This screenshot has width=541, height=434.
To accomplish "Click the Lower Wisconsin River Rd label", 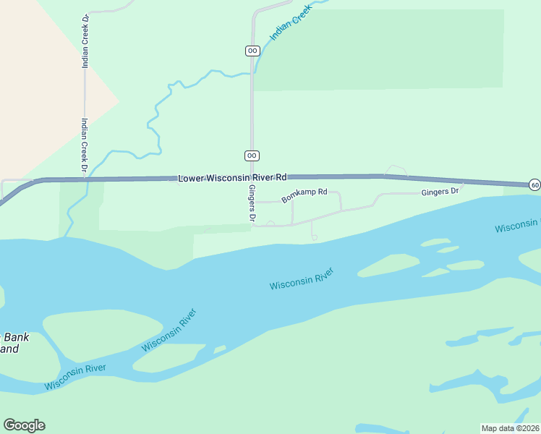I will [233, 177].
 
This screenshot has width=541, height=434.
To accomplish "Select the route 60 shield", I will [534, 185].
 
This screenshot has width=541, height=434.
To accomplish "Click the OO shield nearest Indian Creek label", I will [252, 51].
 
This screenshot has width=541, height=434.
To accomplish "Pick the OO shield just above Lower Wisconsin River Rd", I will [252, 156].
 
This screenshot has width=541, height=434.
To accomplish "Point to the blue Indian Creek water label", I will [289, 25].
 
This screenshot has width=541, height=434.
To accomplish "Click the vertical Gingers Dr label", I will [252, 203].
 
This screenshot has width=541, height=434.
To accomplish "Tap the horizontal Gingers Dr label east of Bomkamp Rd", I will [440, 192].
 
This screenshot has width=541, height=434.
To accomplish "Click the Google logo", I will [24, 425].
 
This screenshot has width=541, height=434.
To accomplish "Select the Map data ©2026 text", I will [510, 428].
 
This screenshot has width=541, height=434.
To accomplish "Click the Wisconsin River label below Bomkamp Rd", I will [302, 279].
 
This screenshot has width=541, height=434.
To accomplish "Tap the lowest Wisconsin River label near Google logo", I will [75, 377].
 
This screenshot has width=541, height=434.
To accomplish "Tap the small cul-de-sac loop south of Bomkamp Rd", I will [315, 237].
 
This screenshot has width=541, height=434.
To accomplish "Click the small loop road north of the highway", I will [396, 170].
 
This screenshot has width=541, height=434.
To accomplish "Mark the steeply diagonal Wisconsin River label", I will [170, 330].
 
